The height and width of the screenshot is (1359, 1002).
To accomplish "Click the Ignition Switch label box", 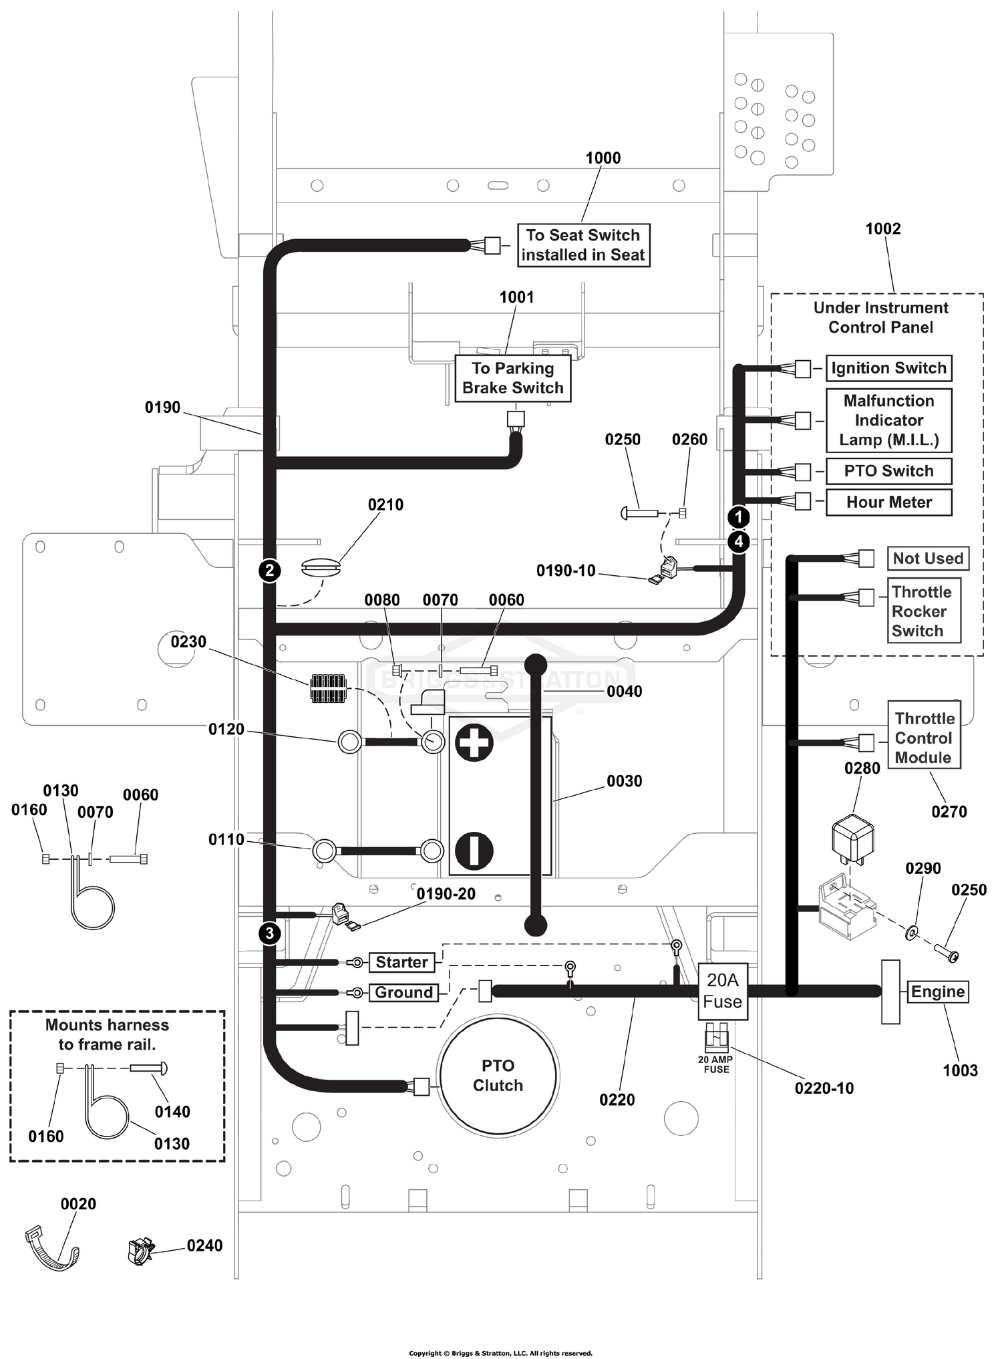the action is [x=888, y=368].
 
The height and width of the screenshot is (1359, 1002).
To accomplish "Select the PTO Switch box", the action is [x=888, y=471].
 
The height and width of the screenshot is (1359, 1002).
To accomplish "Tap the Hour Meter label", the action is [x=888, y=502].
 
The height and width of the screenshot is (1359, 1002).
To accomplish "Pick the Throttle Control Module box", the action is [x=924, y=734].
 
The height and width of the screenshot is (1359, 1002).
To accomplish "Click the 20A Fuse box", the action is [x=723, y=992].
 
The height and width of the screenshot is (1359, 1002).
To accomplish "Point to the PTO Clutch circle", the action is [x=498, y=1076].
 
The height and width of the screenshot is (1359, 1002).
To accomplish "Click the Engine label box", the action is [x=938, y=992].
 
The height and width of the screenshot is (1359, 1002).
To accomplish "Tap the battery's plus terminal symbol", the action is [x=474, y=743].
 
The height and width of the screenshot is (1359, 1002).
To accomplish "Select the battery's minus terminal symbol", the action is [x=474, y=851].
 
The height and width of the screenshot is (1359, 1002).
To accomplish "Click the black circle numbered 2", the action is [x=270, y=571].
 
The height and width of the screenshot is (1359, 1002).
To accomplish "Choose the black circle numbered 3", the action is [x=270, y=933].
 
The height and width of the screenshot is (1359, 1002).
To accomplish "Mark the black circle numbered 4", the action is [x=739, y=542].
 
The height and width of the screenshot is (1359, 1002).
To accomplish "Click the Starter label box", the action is [x=401, y=962].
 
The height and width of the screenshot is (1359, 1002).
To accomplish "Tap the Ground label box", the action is [x=404, y=993].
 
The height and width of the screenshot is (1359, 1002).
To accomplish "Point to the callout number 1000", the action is [x=603, y=158].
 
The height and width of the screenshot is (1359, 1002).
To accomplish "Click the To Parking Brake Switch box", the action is [x=513, y=378].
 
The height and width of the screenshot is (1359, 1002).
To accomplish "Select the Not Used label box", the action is [x=929, y=559].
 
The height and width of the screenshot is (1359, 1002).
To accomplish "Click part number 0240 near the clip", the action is [x=204, y=1245].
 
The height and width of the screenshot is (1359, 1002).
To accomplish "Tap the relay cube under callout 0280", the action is [x=853, y=839].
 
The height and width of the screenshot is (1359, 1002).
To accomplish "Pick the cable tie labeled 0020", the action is [x=53, y=1249].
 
